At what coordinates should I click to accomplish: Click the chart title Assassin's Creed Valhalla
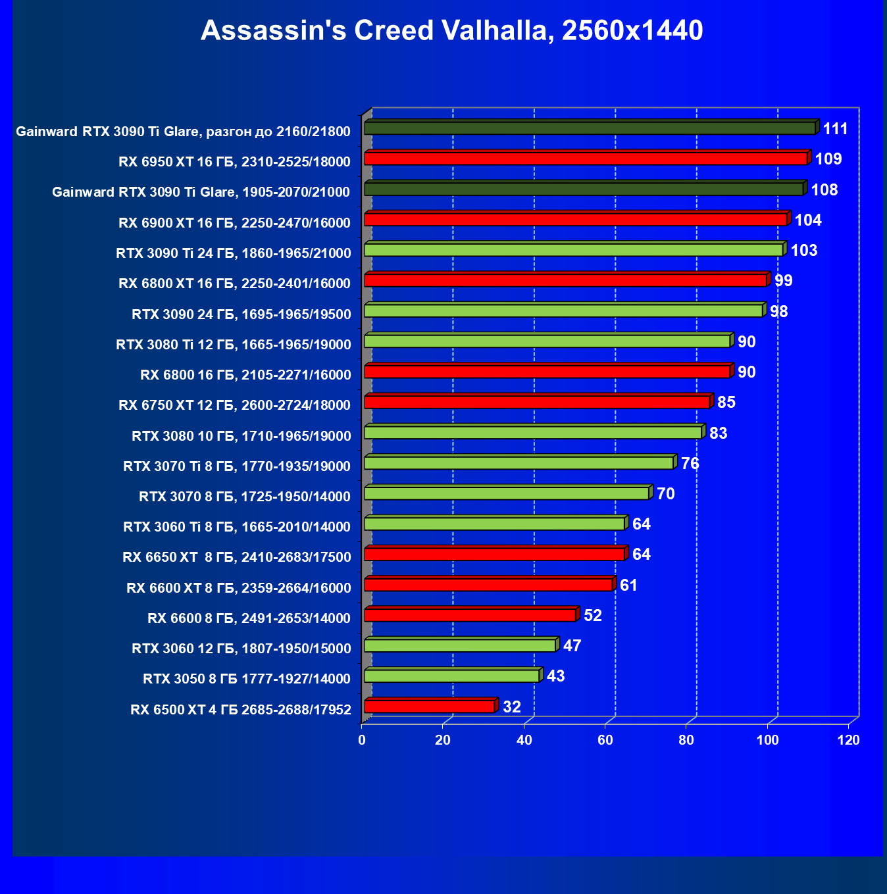tap(451, 31)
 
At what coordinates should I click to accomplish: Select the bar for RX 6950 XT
tap(586, 159)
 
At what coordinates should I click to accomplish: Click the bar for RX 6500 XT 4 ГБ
tap(429, 707)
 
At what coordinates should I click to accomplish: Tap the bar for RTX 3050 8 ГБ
tap(451, 676)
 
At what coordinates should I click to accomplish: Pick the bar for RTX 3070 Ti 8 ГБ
tap(519, 463)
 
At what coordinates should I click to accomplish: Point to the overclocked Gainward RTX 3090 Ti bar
tap(590, 128)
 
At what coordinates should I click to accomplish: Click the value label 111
tap(835, 129)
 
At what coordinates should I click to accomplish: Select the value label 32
tap(512, 707)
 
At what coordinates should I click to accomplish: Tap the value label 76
tap(690, 464)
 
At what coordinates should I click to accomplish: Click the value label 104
tap(808, 220)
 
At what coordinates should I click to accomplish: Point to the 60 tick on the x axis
tap(605, 740)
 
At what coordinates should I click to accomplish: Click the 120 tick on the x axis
tap(849, 740)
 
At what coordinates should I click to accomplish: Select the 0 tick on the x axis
tap(362, 740)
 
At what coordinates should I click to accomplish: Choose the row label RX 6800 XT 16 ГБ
tap(234, 284)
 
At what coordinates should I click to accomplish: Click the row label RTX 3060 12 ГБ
tap(241, 649)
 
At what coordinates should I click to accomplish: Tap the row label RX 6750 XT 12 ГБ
tap(234, 405)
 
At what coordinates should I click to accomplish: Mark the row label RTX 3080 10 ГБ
tap(241, 436)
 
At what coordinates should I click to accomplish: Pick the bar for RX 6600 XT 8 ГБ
tap(488, 585)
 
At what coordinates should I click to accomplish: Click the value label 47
tap(572, 646)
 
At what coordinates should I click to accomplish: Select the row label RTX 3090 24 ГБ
tap(241, 314)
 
